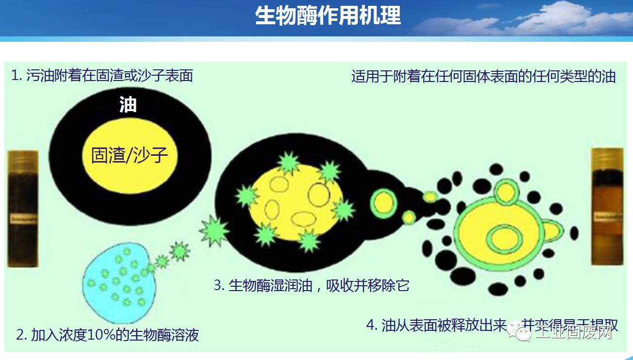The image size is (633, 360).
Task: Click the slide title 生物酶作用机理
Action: coord(328,16)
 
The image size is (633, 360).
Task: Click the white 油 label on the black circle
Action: coord(128,105)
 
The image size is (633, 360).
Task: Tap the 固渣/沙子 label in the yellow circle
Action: coord(129,156)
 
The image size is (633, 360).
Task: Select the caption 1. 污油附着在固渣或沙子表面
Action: coord(102,76)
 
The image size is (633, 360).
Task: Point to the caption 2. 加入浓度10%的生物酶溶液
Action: coord(107,335)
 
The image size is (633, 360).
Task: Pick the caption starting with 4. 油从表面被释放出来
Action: coord(492,326)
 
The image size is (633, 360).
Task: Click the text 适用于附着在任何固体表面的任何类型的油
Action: coord(483,77)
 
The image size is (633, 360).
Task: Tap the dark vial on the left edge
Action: coord(22,209)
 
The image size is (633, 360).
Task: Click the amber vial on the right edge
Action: coord(607,206)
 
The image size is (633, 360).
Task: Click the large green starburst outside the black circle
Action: coord(214,229)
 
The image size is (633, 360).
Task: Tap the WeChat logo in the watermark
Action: coord(525,333)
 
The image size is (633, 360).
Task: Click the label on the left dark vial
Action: coord(22,220)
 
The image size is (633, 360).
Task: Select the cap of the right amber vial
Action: coord(607,158)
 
